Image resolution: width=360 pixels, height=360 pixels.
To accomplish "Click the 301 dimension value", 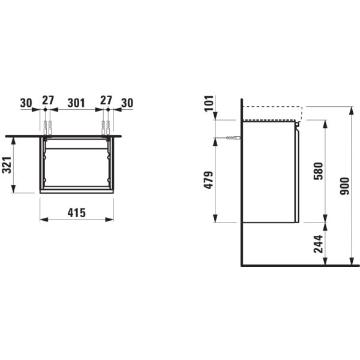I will [x=76, y=103].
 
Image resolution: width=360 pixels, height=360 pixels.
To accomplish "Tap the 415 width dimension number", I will [x=76, y=212].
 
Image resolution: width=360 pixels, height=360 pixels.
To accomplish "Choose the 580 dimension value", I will [x=318, y=170].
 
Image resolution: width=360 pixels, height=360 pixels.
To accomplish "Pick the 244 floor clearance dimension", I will [x=318, y=244].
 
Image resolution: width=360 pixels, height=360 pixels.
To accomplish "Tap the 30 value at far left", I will [x=25, y=103].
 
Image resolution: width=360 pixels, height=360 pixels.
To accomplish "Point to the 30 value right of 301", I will [x=127, y=103].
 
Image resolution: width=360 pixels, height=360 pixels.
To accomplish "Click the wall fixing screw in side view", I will [x=230, y=139].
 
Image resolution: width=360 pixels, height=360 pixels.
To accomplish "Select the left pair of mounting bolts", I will [x=47, y=127].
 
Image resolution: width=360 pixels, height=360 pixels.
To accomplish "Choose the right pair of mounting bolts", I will [x=106, y=127].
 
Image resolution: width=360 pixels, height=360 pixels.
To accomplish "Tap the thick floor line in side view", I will [x=300, y=265].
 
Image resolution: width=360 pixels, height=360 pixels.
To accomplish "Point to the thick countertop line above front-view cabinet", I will [x=63, y=136].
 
